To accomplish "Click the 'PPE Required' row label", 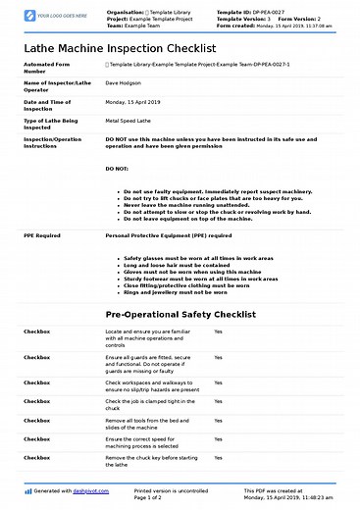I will pos(42,236).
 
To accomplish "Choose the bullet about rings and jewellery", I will pos(177,292).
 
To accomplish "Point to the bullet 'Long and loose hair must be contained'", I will pos(176,265).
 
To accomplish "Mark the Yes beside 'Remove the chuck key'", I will pos(218,458).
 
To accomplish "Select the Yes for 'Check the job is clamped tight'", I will pos(218,401).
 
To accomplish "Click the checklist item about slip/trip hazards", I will pos(151,386).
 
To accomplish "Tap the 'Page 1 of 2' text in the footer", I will pos(154,498).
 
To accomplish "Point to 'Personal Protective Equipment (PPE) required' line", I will pos(168,236).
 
